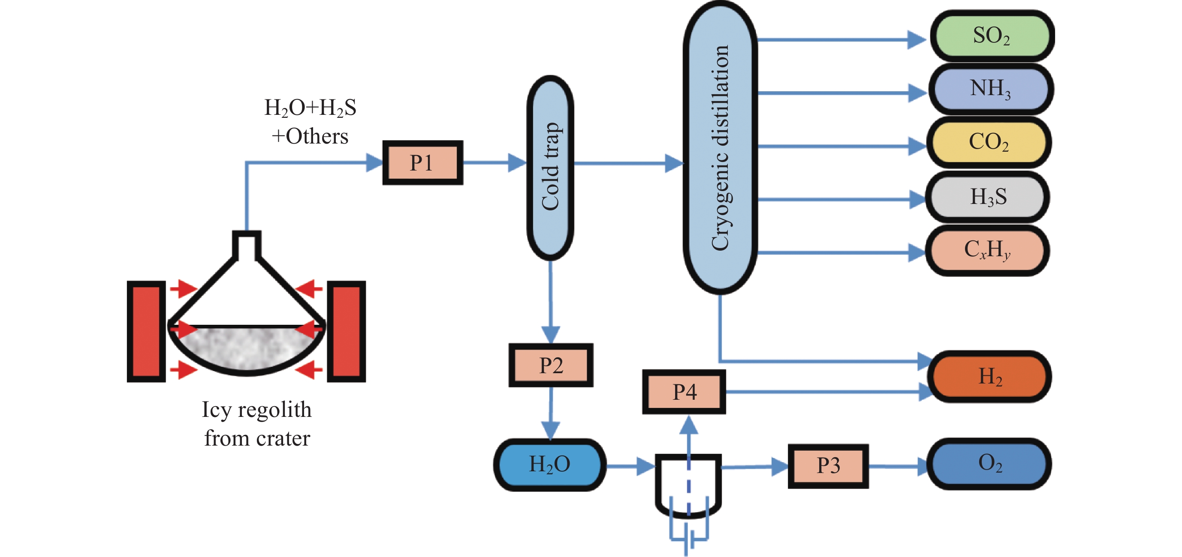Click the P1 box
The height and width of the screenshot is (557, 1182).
422,163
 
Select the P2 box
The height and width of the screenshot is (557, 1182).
551,365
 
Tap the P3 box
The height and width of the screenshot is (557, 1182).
828,466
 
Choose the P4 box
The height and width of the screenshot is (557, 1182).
684,392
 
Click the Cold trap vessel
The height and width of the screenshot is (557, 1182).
550,168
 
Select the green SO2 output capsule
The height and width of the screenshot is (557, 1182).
992,36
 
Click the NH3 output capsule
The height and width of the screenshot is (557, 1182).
991,89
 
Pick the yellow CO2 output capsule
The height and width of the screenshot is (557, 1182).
989,142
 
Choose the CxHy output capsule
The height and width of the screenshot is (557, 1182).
987,250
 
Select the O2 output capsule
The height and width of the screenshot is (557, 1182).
990,464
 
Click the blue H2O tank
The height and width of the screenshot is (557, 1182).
550,465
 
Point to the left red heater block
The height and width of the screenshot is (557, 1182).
146,332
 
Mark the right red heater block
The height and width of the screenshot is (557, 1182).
347,332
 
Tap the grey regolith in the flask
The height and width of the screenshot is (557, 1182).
247,347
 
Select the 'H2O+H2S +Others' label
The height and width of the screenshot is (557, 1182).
310,122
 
